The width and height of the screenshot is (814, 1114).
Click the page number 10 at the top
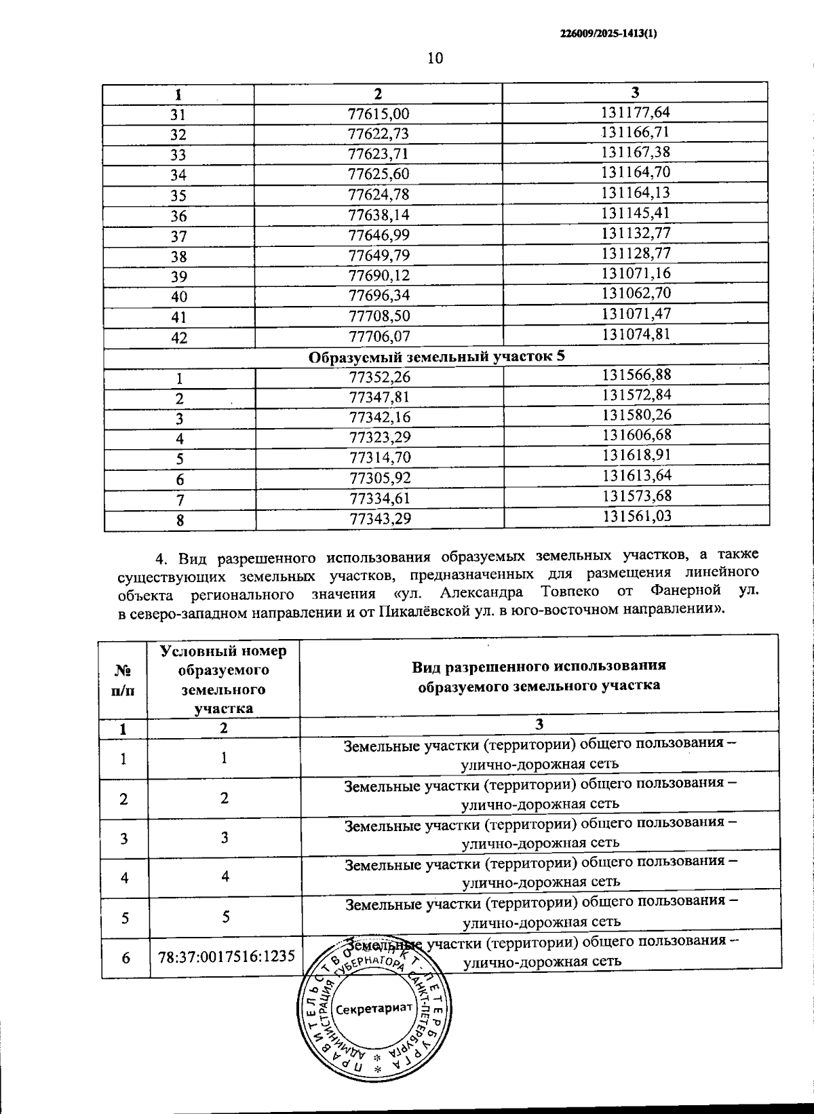click(435, 58)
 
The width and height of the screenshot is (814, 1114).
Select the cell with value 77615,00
click(379, 114)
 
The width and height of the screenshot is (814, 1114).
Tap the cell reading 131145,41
click(636, 212)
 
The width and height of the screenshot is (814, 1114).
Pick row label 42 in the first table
click(179, 337)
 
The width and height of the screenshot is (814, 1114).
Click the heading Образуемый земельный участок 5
click(437, 356)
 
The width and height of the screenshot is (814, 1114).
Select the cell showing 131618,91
click(637, 455)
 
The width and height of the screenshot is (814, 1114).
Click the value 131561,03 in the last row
click(637, 516)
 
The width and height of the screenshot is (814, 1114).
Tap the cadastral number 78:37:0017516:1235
click(227, 957)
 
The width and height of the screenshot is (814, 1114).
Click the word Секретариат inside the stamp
click(374, 1007)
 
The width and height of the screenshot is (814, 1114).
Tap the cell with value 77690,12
click(379, 275)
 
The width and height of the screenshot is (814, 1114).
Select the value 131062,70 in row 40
click(636, 293)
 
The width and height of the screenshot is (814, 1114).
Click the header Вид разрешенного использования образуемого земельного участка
click(539, 675)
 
